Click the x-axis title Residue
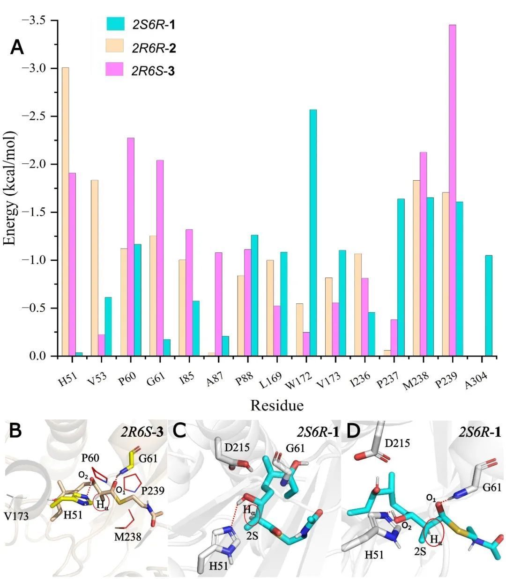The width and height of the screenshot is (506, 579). tap(277, 405)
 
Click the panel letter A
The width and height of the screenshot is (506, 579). tap(17, 48)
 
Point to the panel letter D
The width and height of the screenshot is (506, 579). tap(353, 431)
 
